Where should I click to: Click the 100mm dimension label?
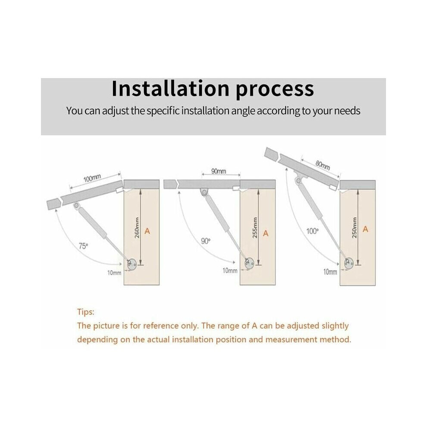(x=92, y=179)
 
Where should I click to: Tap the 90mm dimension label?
(x=218, y=171)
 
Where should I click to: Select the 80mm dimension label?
(x=323, y=165)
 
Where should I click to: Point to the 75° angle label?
(x=83, y=246)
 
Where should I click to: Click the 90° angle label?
(x=206, y=241)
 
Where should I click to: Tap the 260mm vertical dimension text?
(x=137, y=228)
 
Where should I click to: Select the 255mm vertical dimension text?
(x=255, y=228)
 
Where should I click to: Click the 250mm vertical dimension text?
(x=354, y=228)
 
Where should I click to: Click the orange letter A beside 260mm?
(x=147, y=231)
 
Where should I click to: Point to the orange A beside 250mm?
(x=365, y=229)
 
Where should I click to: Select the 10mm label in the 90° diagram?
(x=230, y=271)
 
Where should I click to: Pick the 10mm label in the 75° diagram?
(x=114, y=273)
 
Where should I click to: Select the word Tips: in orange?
(x=85, y=312)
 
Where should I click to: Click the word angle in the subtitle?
(x=243, y=111)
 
